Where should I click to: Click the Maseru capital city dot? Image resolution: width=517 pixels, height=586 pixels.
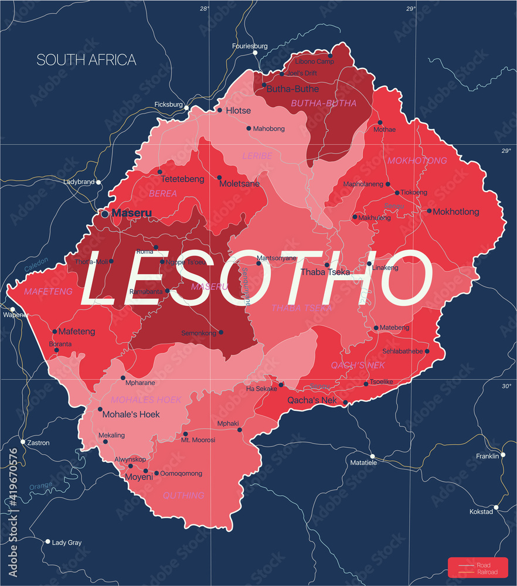point(105,214)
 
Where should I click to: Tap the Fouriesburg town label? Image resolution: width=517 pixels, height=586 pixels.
point(250,46)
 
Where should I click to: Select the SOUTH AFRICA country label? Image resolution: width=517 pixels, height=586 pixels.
point(86,60)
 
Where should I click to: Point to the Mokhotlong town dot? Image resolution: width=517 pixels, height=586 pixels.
point(429,211)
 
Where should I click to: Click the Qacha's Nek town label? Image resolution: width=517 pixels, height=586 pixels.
point(312,401)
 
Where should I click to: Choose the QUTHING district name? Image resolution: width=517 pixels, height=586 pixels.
point(184,495)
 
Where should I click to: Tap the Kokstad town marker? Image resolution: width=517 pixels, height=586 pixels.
point(496,507)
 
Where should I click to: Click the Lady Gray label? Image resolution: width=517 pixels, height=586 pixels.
point(67,543)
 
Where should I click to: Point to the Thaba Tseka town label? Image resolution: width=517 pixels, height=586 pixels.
point(325,272)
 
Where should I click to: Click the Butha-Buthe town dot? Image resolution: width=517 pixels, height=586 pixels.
point(264,85)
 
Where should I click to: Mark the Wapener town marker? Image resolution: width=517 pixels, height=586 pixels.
point(12,309)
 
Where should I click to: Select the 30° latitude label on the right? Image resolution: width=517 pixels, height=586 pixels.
point(506,386)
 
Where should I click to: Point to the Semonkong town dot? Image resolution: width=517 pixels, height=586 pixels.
point(221,332)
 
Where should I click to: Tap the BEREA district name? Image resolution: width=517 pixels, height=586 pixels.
point(163,193)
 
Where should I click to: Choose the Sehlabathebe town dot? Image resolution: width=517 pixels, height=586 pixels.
point(427,352)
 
